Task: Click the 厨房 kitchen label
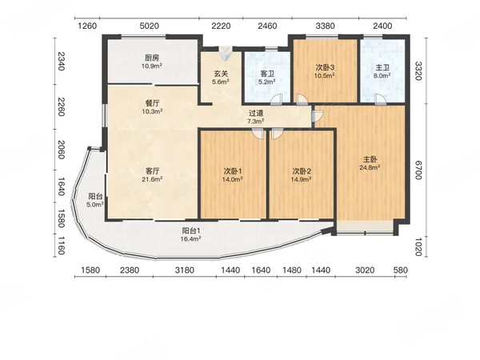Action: coord(152,58)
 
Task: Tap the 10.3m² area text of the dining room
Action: coord(152,111)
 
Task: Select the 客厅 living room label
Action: coord(152,170)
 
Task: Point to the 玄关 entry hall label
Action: coord(221,74)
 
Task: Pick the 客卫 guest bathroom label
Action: coord(267,74)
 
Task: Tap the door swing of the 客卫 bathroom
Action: coord(277,99)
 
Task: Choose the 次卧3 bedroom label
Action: coord(325,67)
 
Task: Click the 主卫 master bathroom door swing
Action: coord(381,99)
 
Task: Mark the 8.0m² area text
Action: coord(382,76)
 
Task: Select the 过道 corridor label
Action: coord(256,114)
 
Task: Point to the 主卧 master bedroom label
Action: coord(370,159)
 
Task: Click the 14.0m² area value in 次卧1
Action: coord(233,179)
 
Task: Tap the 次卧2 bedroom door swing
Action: coord(278,134)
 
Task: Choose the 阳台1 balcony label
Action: coord(190,230)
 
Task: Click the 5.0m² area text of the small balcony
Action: coord(95,205)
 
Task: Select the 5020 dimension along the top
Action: coord(150,26)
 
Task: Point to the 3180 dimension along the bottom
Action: coord(185,270)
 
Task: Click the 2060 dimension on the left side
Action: coord(61,150)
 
